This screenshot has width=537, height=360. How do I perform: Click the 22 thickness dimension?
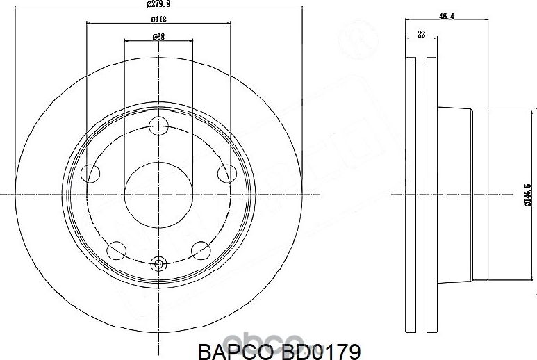(x=421, y=34)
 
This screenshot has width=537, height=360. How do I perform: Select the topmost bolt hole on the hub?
(x=159, y=126)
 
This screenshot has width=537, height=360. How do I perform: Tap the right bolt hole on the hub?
(x=226, y=174)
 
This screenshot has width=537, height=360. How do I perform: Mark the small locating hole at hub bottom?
(x=159, y=264)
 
